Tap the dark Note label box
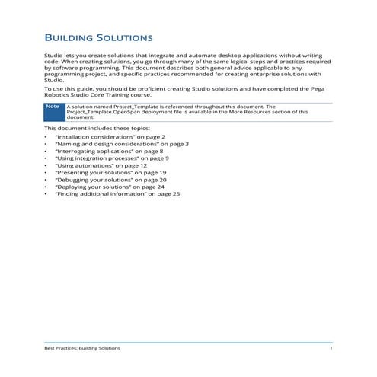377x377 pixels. (53, 107)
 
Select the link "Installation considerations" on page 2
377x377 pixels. (104, 136)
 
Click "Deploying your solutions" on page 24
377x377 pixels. (104, 187)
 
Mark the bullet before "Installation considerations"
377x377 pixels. (46, 136)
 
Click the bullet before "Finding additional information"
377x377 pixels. (46, 194)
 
